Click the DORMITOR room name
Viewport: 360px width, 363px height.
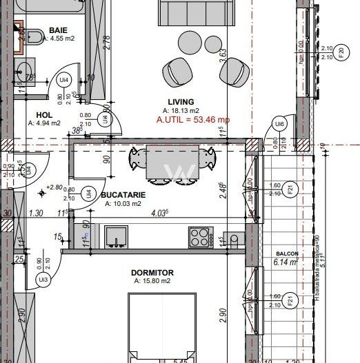(152, 273)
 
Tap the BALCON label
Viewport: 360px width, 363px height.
(285, 253)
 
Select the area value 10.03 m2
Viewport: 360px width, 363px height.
(123, 204)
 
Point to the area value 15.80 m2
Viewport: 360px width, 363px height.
(152, 281)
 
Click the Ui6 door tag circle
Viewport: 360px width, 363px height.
(279, 124)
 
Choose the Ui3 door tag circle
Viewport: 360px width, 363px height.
(43, 279)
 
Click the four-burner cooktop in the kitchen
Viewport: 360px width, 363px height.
(199, 238)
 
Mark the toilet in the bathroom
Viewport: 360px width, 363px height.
(20, 31)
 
